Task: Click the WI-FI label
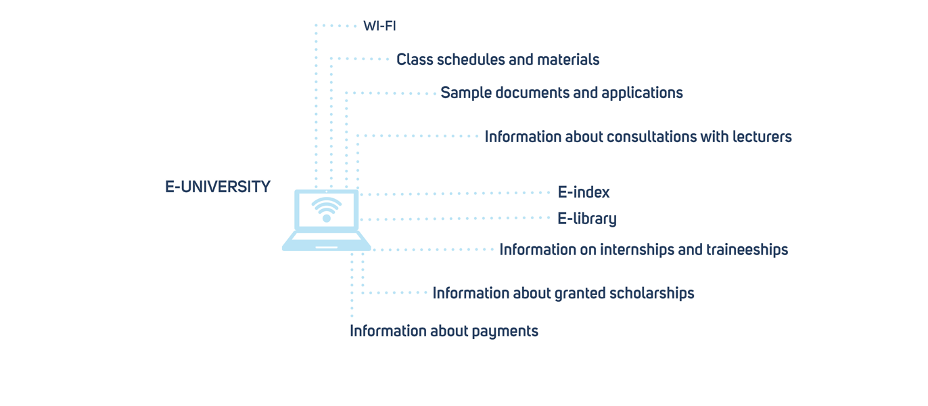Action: tap(379, 26)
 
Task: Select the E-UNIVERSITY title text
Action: tap(218, 187)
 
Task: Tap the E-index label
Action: tap(584, 192)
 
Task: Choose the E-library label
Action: tap(587, 219)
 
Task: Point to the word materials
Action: tap(568, 60)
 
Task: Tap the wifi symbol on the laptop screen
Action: tap(327, 209)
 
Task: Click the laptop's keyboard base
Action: tap(327, 241)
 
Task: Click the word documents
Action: tap(532, 93)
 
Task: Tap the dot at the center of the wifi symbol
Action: tap(327, 218)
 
